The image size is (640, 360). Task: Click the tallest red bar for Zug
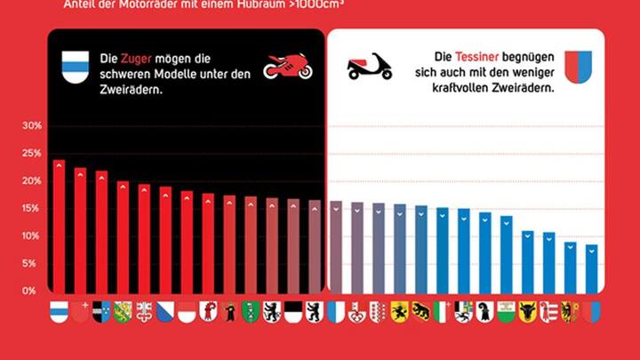pyautogui.click(x=59, y=226)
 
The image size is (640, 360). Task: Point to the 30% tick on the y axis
pyautogui.click(x=32, y=126)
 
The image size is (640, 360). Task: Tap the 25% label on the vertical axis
pyautogui.click(x=32, y=154)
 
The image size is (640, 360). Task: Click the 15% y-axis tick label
pyautogui.click(x=32, y=209)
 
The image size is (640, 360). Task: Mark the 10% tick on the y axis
pyautogui.click(x=32, y=236)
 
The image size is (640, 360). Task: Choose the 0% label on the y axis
pyautogui.click(x=30, y=291)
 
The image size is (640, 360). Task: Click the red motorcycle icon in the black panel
pyautogui.click(x=286, y=66)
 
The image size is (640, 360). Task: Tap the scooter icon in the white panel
pyautogui.click(x=370, y=66)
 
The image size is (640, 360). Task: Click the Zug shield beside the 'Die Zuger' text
pyautogui.click(x=74, y=66)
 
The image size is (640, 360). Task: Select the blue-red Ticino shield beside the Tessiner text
pyautogui.click(x=578, y=67)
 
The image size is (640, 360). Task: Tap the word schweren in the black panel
pyautogui.click(x=120, y=72)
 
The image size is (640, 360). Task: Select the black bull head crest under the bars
pyautogui.click(x=527, y=311)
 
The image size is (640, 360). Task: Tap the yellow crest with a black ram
pyautogui.click(x=420, y=311)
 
